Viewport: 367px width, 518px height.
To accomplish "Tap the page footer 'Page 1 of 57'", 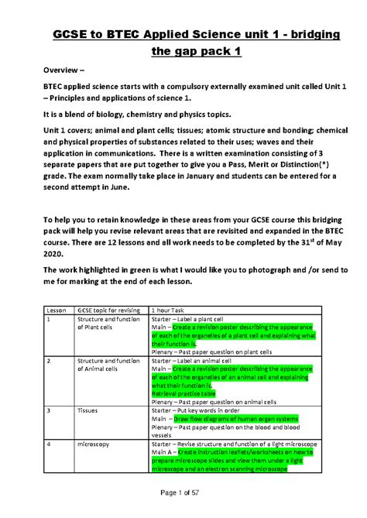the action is [183, 495].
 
